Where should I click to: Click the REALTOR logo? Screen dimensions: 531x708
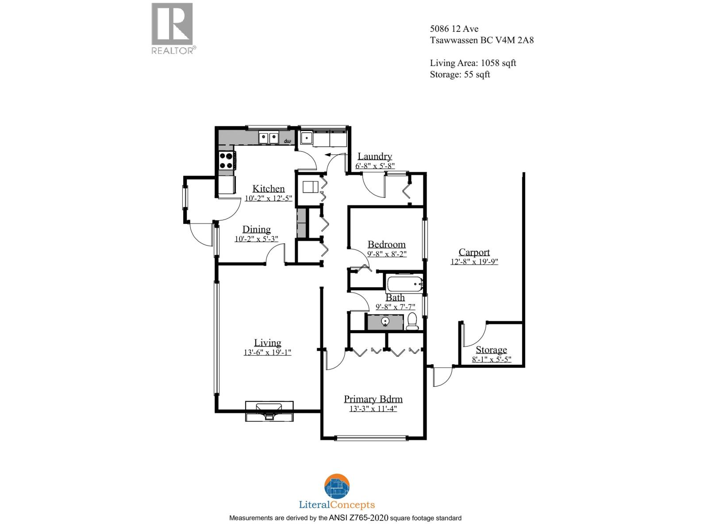click(172, 28)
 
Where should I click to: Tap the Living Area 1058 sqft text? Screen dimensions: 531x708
click(473, 63)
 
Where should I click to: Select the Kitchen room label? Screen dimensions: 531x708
click(268, 189)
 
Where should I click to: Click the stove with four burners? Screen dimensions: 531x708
click(227, 160)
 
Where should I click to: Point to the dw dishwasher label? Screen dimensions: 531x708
click(287, 141)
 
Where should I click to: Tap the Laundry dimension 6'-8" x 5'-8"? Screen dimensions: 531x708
click(375, 166)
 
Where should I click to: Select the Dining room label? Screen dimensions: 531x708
click(256, 229)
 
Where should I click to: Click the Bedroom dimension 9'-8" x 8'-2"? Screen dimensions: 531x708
click(386, 254)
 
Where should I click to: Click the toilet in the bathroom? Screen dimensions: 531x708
click(412, 321)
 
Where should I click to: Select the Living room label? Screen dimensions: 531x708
click(267, 342)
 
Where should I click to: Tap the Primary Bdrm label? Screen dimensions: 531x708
click(373, 399)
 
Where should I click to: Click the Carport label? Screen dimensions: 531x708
click(474, 252)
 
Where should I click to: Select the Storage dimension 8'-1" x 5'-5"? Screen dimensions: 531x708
click(491, 359)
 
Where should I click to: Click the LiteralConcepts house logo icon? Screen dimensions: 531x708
click(337, 486)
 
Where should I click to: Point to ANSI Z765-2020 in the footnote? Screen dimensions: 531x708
click(358, 518)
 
